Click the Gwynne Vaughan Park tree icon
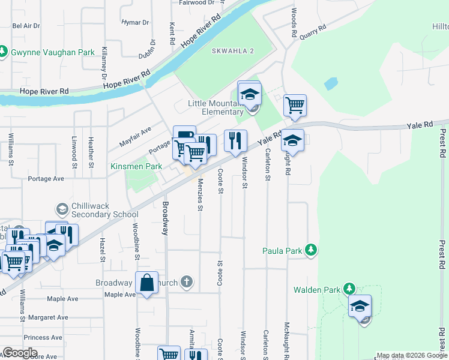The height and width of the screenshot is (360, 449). (4, 52)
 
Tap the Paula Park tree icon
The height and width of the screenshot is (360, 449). (310, 250)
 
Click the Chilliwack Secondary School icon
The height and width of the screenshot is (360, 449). (61, 209)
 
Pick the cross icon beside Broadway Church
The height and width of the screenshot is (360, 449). (187, 281)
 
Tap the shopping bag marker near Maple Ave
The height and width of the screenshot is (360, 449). (146, 283)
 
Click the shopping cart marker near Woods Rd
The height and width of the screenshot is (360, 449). (295, 106)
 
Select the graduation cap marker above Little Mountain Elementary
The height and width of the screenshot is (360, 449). (249, 93)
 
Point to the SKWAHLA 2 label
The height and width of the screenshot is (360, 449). (233, 51)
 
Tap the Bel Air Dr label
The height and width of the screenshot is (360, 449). (26, 26)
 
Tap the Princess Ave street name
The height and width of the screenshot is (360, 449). (43, 337)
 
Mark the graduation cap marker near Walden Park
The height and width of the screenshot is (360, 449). (360, 306)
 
